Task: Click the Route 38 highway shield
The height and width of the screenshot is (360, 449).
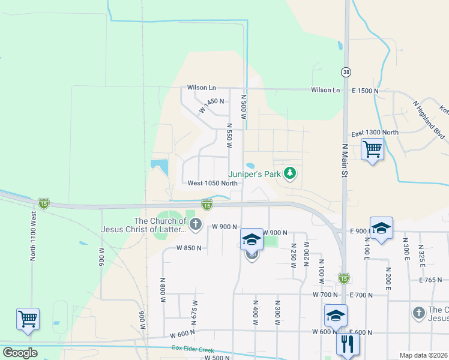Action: (346, 72)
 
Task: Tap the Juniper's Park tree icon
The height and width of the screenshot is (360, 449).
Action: (291, 173)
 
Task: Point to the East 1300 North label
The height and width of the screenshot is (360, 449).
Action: (375, 133)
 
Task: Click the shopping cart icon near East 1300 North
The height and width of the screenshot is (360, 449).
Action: (373, 149)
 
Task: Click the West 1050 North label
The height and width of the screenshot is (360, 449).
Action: (212, 183)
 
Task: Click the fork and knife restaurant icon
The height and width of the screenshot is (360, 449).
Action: (348, 344)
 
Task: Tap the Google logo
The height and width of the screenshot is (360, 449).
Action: (19, 353)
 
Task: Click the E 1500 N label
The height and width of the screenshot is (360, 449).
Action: (366, 91)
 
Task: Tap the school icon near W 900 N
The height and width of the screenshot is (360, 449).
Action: (252, 240)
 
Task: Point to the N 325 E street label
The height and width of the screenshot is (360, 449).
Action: (421, 256)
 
